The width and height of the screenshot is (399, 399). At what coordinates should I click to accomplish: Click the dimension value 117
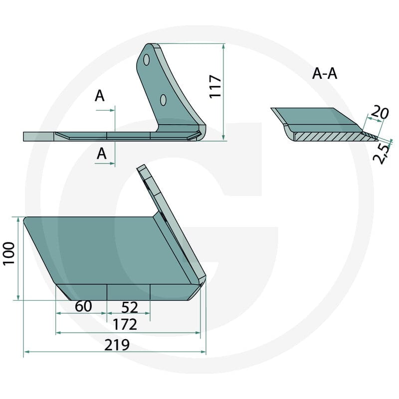[215, 86]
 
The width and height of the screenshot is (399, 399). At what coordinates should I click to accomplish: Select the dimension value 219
[117, 345]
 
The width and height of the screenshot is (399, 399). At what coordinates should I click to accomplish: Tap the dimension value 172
[125, 325]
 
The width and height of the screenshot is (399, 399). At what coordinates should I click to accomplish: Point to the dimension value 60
[83, 306]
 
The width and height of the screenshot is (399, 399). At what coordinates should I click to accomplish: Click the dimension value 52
[130, 307]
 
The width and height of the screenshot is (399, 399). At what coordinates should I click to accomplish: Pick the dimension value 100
[9, 254]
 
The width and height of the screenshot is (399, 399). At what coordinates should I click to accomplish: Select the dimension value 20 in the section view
[380, 113]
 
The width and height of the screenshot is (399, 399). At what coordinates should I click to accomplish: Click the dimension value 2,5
[382, 154]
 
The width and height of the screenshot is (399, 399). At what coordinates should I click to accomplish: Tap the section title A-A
[325, 74]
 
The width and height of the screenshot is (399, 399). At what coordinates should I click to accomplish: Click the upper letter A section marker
[99, 96]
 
